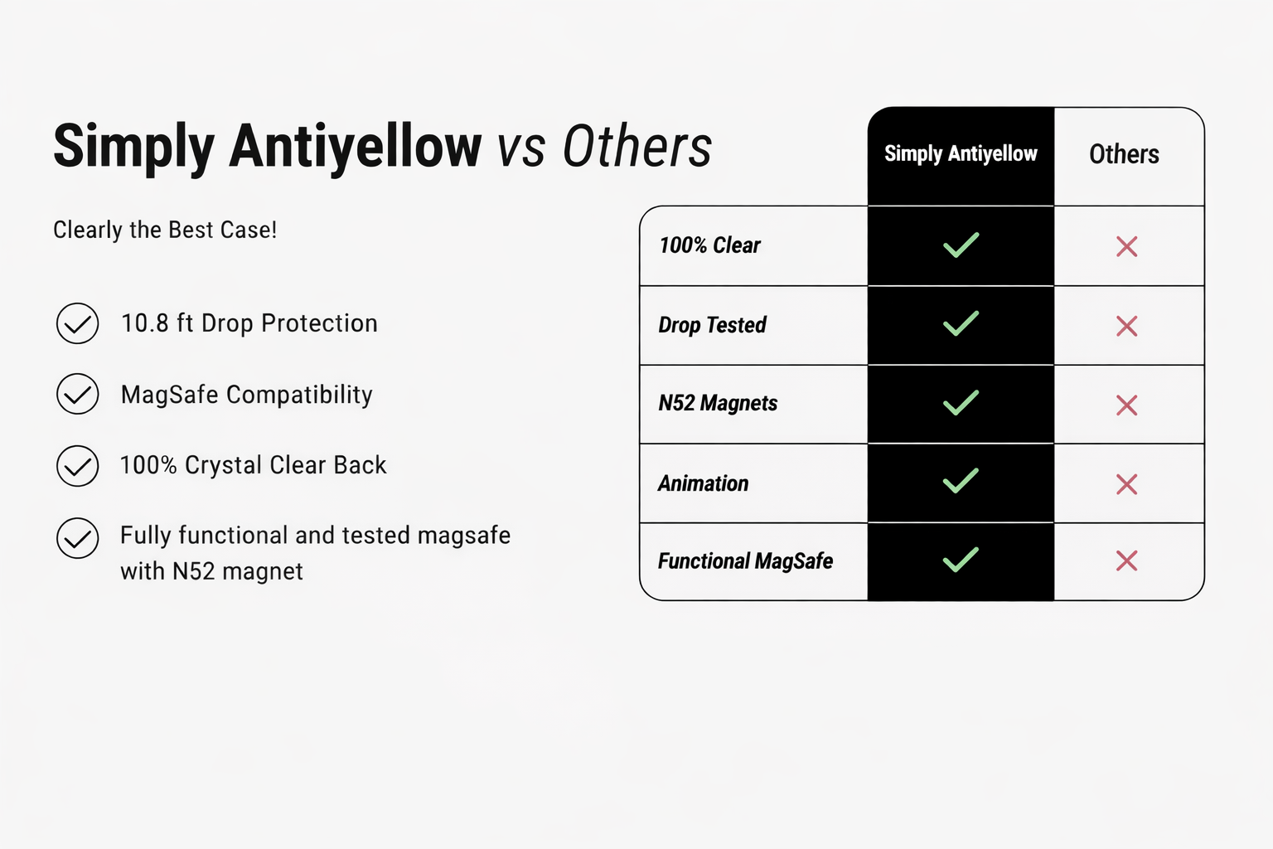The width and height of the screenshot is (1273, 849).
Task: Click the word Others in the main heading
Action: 637,146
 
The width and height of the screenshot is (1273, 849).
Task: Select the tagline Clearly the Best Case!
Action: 165,230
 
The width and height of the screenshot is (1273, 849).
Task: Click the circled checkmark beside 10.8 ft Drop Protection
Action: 78,323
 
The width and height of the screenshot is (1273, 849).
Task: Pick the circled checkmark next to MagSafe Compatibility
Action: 78,394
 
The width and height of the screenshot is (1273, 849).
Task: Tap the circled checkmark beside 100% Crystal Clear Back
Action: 78,466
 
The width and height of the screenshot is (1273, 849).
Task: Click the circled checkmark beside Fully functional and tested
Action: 78,538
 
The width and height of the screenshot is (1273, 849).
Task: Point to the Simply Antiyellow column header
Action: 961,153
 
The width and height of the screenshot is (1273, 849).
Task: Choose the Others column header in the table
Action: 1124,154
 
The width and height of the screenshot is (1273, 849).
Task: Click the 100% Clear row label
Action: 709,245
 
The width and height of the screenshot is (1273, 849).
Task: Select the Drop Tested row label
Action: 712,325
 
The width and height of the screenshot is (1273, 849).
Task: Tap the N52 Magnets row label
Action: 718,403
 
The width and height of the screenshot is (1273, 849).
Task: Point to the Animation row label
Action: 703,483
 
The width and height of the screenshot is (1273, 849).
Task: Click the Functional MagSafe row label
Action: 745,561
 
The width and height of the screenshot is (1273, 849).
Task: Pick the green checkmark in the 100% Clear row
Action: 961,245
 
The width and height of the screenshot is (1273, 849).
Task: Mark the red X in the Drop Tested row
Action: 1126,327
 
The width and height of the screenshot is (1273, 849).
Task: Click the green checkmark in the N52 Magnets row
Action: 961,403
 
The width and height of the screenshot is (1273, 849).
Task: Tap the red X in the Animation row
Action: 1126,484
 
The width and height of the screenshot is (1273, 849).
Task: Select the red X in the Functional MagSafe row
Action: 1126,560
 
